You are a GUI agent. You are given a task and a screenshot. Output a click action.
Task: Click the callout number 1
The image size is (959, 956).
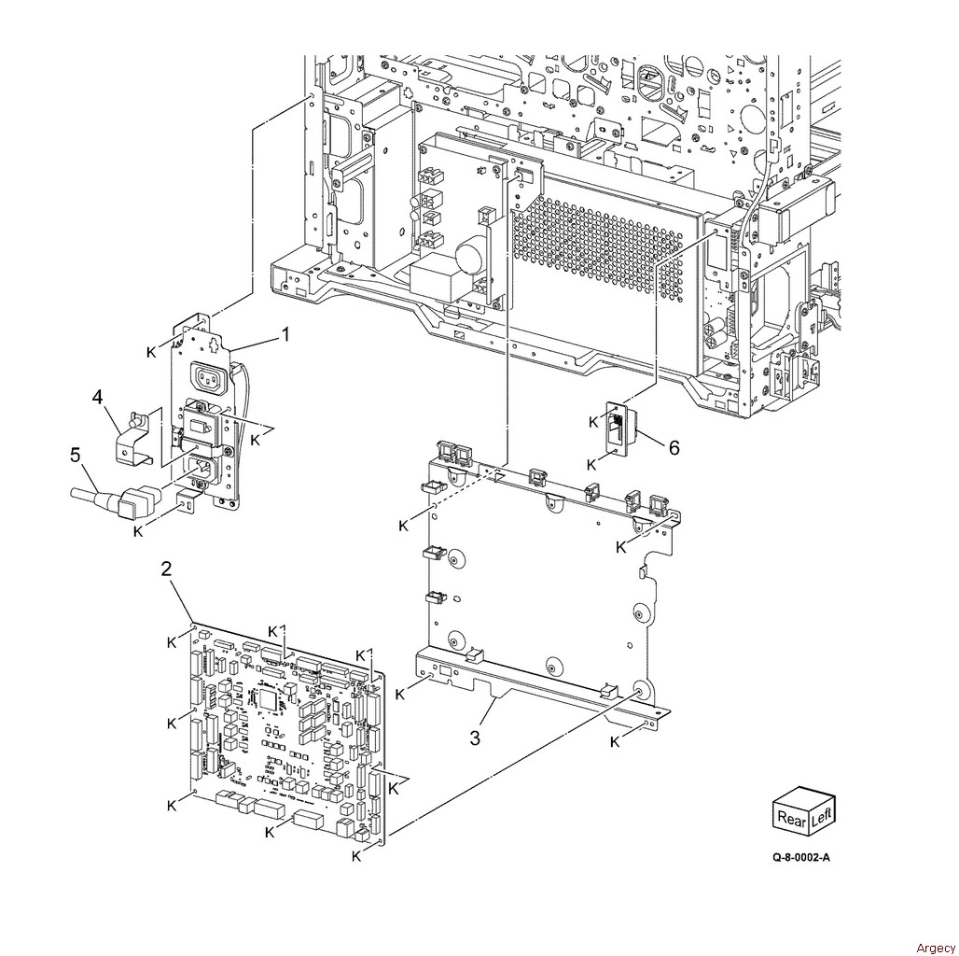coord(285,335)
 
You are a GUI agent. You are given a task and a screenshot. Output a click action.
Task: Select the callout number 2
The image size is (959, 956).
coord(166,569)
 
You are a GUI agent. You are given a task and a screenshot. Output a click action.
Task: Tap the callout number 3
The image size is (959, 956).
coord(475,738)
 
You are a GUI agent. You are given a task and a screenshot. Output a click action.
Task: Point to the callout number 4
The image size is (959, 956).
coord(97,397)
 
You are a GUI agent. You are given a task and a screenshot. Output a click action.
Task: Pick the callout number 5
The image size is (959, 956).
coord(76,456)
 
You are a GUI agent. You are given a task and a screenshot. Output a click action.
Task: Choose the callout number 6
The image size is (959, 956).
coord(674,447)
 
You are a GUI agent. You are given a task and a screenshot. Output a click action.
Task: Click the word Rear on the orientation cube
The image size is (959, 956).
coord(791,818)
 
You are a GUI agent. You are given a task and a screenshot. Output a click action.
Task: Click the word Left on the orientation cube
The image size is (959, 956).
coord(821,814)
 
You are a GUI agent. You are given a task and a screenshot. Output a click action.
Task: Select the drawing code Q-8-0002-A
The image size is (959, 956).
coord(801,857)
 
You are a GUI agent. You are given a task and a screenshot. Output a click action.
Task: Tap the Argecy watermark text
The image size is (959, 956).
coord(935,948)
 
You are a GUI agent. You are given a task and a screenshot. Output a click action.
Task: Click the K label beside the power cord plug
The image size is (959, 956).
coord(138,531)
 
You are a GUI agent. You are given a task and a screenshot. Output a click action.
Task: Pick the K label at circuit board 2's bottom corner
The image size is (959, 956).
coord(356,857)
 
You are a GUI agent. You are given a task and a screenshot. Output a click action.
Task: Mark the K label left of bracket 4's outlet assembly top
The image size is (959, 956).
coord(151,353)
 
